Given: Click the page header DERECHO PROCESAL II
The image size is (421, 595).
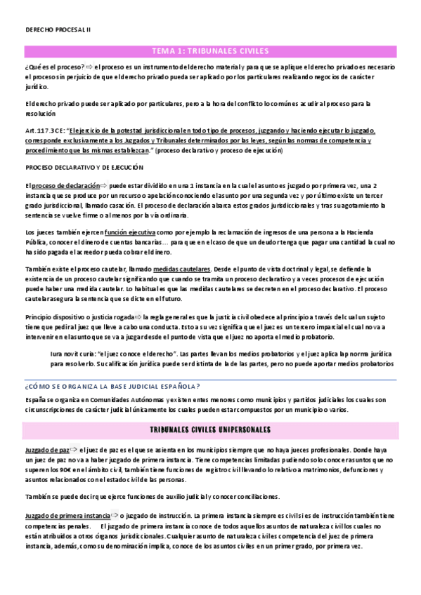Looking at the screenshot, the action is click(x=53, y=30).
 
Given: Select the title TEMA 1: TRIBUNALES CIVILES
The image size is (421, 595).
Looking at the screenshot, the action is click(x=210, y=51).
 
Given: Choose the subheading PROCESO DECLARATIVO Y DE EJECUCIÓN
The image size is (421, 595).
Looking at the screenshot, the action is click(x=84, y=168).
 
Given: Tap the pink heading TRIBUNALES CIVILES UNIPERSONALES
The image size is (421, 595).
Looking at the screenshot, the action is click(x=210, y=429).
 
